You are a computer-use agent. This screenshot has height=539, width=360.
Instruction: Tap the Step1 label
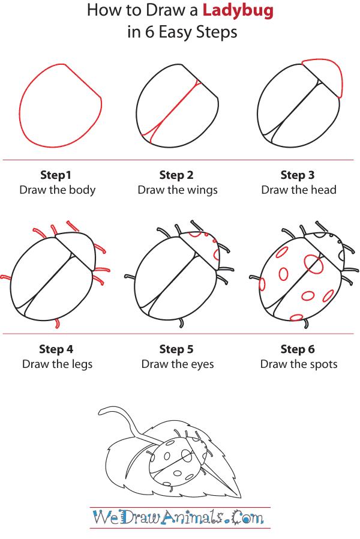tap(56, 175)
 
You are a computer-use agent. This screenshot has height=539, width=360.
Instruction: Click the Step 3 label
tap(298, 175)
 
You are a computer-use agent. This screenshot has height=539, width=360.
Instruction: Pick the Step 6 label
tap(298, 349)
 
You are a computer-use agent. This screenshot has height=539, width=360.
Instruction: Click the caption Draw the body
tap(58, 190)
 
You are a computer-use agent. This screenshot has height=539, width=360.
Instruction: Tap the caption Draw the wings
tap(178, 190)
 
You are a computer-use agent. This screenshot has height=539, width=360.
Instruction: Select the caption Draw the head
tap(299, 190)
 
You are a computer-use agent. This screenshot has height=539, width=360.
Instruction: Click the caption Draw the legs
tap(58, 364)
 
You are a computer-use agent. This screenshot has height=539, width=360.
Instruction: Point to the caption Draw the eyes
tap(178, 364)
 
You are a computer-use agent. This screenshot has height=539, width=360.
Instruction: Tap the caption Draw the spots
tap(299, 364)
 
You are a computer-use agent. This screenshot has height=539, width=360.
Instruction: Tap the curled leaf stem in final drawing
tap(123, 414)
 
